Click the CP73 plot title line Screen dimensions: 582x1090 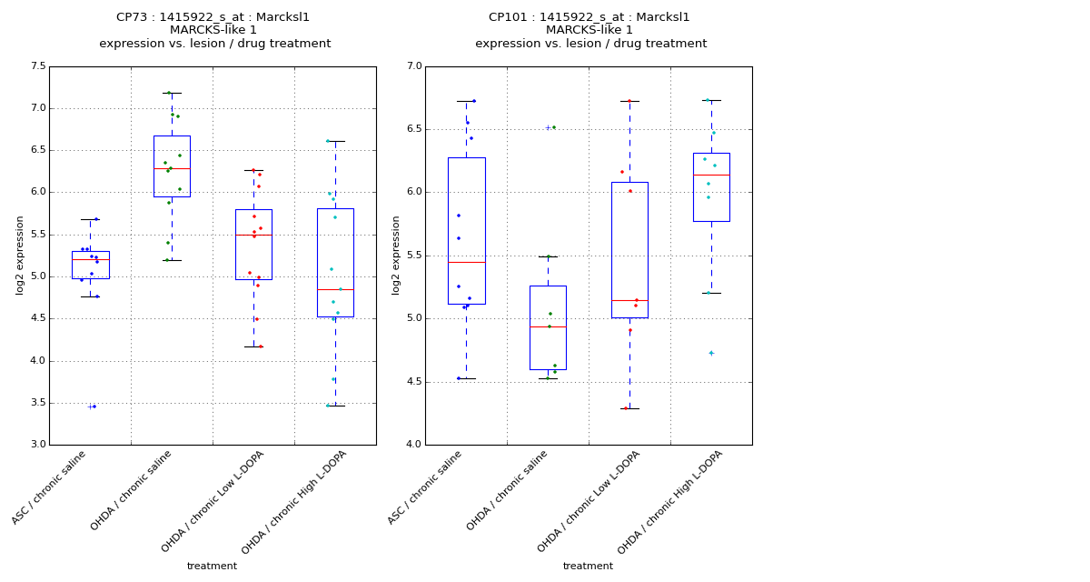(213, 17)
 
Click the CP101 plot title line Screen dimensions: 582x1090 (590, 17)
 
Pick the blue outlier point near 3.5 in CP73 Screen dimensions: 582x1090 (94, 406)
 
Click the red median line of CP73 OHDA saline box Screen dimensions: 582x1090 (172, 168)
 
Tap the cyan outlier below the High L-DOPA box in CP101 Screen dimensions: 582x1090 (711, 353)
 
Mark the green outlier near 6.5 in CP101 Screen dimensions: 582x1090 (553, 127)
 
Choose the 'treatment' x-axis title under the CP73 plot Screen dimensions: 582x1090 (212, 567)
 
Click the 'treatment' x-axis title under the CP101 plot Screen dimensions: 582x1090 (588, 567)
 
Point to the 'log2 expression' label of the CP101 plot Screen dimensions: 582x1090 (396, 256)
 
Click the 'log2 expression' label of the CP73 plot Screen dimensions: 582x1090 (20, 256)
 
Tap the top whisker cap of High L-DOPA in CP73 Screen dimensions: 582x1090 (335, 141)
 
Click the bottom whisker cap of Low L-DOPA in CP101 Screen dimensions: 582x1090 (629, 408)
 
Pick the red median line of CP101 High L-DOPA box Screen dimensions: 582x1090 (711, 175)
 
